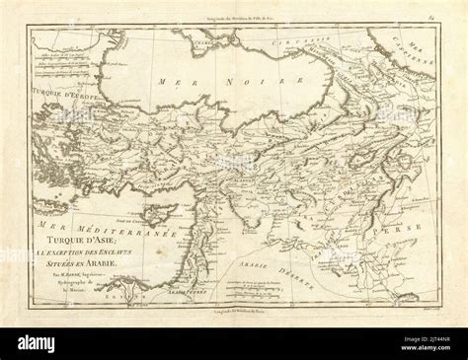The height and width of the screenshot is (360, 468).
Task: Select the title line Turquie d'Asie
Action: click(91, 239)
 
